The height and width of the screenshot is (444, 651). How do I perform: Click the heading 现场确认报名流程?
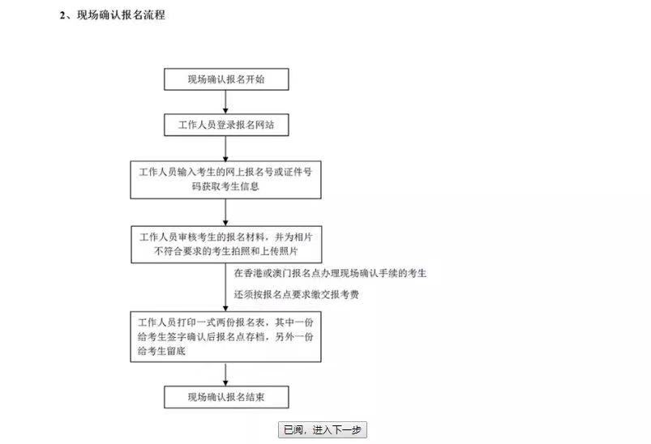coord(121,15)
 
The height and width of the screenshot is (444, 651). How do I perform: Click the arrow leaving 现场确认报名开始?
coord(225,102)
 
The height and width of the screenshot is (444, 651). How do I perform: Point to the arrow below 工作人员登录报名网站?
coord(225,148)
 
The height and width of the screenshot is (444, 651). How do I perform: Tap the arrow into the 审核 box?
coord(225,212)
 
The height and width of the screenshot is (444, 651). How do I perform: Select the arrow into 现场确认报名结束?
coord(225,374)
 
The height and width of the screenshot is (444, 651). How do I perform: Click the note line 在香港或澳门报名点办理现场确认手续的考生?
coord(330,273)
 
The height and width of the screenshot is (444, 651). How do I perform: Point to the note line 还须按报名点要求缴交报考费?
coord(296,295)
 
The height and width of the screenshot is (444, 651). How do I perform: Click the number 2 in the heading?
coord(62,15)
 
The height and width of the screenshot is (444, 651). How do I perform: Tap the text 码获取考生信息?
coord(225,186)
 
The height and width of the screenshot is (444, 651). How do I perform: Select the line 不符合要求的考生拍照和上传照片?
coord(226,251)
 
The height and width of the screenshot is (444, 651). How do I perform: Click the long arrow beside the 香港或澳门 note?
coord(225,287)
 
